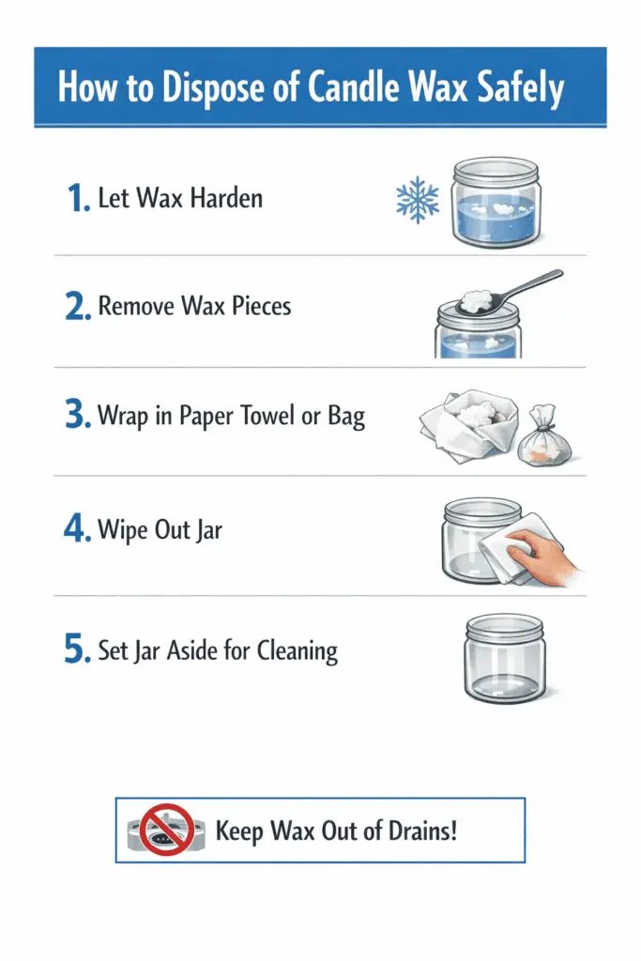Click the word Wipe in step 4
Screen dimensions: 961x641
(x=122, y=529)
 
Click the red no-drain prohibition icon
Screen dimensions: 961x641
(x=167, y=830)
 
